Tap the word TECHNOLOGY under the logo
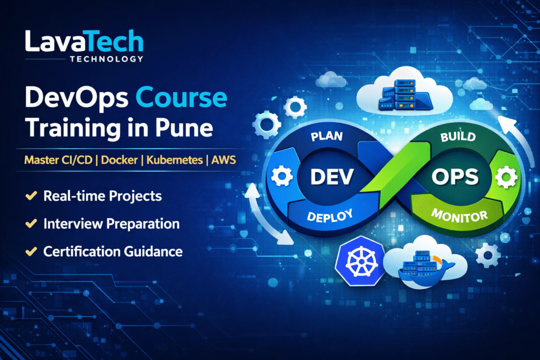click(106, 59)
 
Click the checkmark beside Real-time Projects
click(31, 197)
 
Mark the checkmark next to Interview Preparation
click(31, 224)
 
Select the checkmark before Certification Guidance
click(31, 251)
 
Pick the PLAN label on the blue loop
click(327, 136)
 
